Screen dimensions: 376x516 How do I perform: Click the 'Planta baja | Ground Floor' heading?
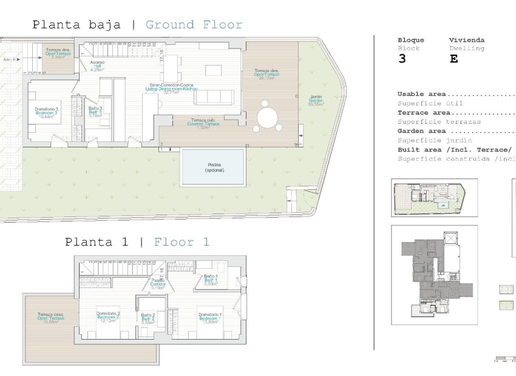(x=137, y=25)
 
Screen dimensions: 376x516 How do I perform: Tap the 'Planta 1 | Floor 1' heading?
(x=137, y=242)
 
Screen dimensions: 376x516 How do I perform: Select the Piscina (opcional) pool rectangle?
(x=212, y=167)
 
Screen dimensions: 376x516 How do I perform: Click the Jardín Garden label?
(x=316, y=100)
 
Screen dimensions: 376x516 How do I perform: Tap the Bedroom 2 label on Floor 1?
(x=107, y=317)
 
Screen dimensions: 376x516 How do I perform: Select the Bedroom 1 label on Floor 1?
(x=209, y=317)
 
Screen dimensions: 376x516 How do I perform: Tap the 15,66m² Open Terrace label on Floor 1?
(x=50, y=317)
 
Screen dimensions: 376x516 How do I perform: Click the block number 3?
(x=402, y=59)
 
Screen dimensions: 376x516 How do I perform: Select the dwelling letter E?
(x=454, y=59)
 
